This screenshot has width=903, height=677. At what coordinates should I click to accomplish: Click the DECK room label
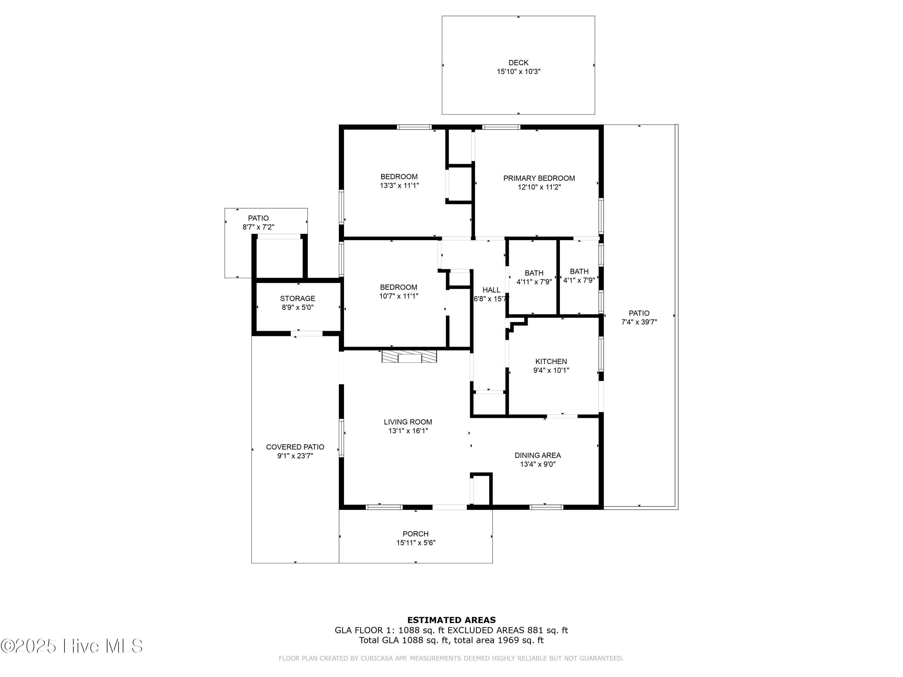point(518,63)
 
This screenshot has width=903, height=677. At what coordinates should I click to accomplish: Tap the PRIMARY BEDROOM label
point(538,178)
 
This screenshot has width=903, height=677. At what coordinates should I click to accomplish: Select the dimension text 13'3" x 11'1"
point(399,186)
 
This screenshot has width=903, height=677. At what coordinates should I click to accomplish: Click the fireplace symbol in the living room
point(409,356)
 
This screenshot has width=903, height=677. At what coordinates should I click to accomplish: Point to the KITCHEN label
point(551,362)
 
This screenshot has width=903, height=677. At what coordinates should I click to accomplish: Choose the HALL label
point(491,290)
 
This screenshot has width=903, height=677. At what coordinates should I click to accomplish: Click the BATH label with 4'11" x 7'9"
point(534,273)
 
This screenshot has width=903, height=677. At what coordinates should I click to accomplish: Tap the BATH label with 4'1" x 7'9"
point(579,271)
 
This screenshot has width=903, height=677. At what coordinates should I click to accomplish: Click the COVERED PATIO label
point(295,447)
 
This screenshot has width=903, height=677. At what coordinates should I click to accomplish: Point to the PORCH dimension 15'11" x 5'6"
point(416,543)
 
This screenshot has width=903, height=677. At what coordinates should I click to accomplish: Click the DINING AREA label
point(537,456)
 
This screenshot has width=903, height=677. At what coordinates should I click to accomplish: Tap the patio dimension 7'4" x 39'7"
point(639,322)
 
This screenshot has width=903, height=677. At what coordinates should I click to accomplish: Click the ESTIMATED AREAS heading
point(451,620)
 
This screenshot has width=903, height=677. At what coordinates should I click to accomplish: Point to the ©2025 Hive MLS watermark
point(71,646)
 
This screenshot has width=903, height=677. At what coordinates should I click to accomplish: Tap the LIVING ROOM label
point(408,422)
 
